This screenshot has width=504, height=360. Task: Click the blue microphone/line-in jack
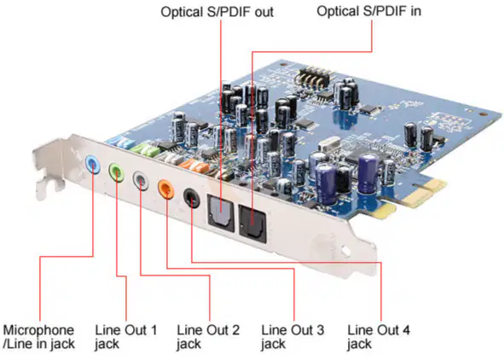92,164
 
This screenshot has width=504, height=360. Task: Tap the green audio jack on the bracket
116,172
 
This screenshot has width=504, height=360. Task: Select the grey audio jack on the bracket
141,180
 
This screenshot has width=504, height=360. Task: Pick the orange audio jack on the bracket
165,189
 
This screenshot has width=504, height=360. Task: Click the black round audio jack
192,198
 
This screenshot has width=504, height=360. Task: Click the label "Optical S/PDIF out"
217,12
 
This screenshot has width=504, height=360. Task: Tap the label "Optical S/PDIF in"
368,11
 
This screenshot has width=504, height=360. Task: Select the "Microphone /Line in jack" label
39,337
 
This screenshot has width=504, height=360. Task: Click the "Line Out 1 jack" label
125,337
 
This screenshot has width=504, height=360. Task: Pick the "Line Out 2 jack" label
208,337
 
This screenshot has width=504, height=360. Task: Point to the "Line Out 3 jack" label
293,337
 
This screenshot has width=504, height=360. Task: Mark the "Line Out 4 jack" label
379,337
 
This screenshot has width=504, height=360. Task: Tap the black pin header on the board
313,77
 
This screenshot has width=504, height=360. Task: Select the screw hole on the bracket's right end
345,250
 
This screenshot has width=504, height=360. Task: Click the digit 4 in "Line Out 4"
406,330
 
